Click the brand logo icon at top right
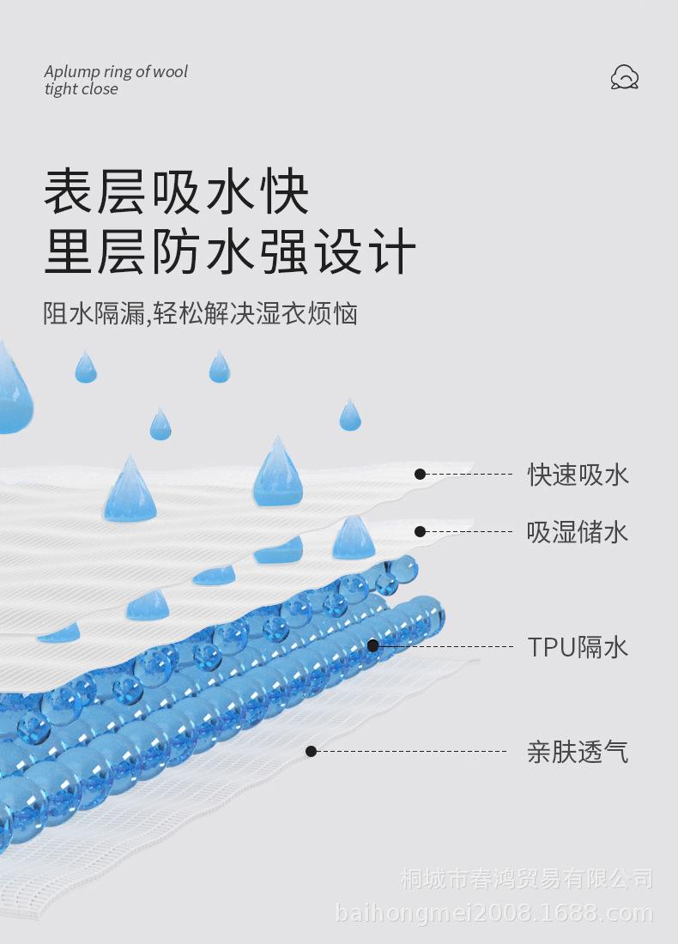pyautogui.click(x=625, y=77)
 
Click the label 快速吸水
pyautogui.click(x=578, y=475)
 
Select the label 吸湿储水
pyautogui.click(x=578, y=532)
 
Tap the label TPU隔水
pyautogui.click(x=578, y=647)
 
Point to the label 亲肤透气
pyautogui.click(x=578, y=752)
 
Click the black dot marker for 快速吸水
pyautogui.click(x=421, y=475)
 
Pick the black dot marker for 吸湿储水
pyautogui.click(x=421, y=531)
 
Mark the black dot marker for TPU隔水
pyautogui.click(x=372, y=646)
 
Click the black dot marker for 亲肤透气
pyautogui.click(x=311, y=752)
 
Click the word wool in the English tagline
pyautogui.click(x=171, y=71)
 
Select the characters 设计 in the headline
pyautogui.click(x=366, y=251)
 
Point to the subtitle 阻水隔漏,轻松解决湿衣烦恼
pyautogui.click(x=201, y=313)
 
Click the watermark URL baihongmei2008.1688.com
pyautogui.click(x=493, y=913)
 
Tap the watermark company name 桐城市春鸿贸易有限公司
pyautogui.click(x=527, y=879)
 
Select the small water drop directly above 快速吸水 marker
pyautogui.click(x=350, y=415)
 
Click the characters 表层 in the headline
pyautogui.click(x=94, y=191)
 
